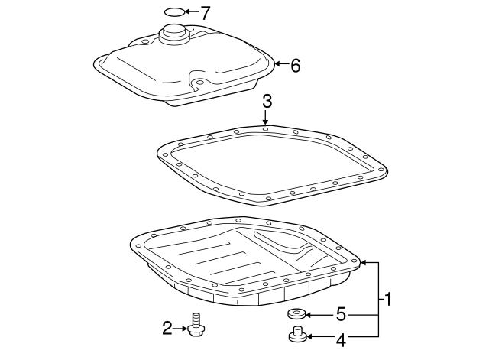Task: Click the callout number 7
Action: click(x=205, y=12)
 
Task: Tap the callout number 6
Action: click(x=295, y=66)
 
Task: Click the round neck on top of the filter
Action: click(x=174, y=34)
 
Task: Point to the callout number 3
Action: click(x=267, y=102)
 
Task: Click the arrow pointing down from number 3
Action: click(x=265, y=118)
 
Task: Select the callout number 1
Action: click(x=387, y=299)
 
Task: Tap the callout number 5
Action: click(x=342, y=314)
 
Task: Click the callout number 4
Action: click(x=342, y=340)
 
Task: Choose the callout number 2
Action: click(x=167, y=328)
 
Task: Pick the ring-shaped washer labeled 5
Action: click(x=296, y=314)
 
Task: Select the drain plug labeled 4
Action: click(x=298, y=334)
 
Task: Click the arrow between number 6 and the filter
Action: click(x=282, y=64)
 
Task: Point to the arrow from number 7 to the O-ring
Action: click(x=191, y=12)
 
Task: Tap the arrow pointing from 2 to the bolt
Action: click(x=180, y=328)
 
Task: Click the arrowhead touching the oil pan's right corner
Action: click(x=364, y=263)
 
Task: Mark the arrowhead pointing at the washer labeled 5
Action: click(x=309, y=315)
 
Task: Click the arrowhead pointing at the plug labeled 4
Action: click(x=310, y=336)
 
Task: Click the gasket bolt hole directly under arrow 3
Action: click(x=265, y=129)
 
